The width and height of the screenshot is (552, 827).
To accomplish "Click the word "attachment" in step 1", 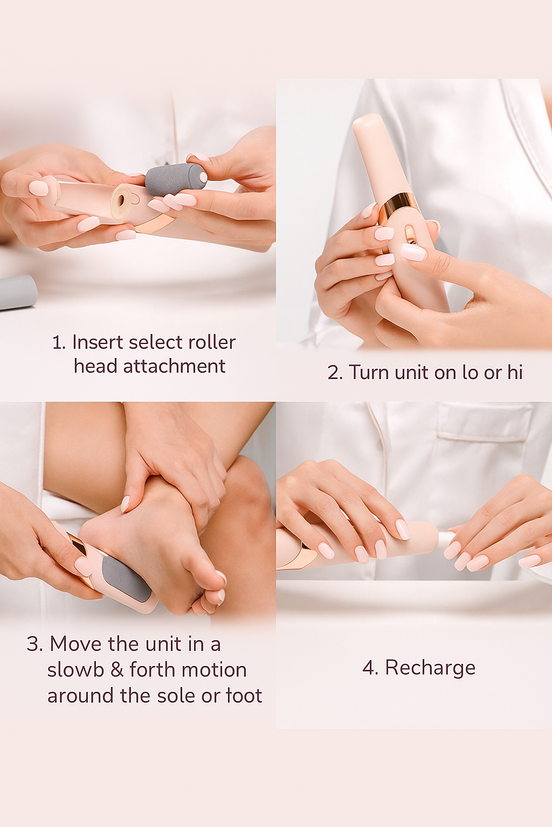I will (x=174, y=367).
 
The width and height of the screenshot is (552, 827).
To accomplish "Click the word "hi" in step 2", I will (x=515, y=373).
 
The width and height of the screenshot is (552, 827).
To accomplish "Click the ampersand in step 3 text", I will (x=117, y=670).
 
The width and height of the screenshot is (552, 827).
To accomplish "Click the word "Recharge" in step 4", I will (x=430, y=668).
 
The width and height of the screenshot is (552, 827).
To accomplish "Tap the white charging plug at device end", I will (x=445, y=538).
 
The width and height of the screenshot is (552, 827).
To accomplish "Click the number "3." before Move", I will (x=35, y=644).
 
